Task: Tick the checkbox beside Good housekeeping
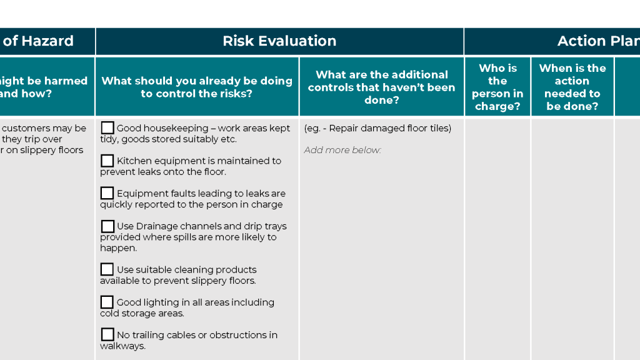(107, 128)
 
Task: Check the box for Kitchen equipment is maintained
(107, 161)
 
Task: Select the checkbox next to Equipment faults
(107, 193)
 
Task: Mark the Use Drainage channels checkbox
(107, 226)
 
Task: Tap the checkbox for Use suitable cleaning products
(107, 269)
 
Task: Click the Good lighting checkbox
(107, 302)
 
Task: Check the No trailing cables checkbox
(107, 335)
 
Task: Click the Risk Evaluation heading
(279, 41)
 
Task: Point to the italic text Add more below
(342, 150)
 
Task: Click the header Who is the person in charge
(497, 87)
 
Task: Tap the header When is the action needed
(572, 87)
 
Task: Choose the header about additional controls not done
(382, 87)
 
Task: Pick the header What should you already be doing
(197, 87)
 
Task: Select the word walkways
(122, 346)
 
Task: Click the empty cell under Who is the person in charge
(497, 237)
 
